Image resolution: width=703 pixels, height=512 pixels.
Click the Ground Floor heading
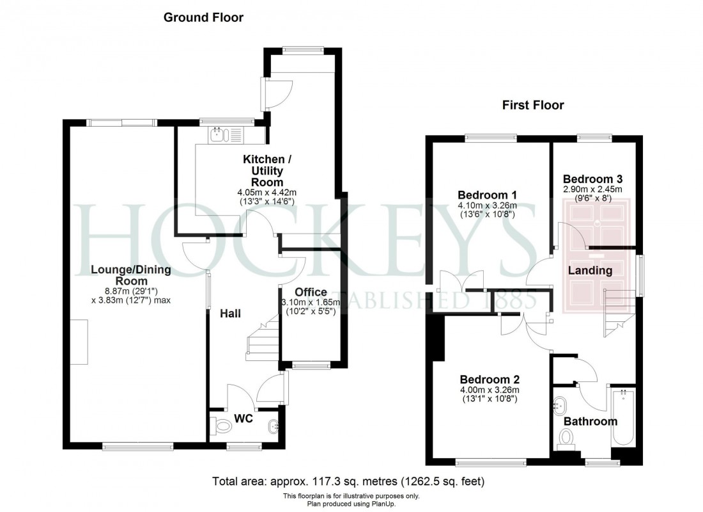pyautogui.click(x=203, y=17)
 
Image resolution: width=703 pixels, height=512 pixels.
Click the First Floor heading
pyautogui.click(x=533, y=105)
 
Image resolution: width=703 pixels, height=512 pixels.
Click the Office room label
pyautogui.click(x=311, y=292)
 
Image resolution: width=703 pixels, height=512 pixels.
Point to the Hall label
pyautogui.click(x=231, y=314)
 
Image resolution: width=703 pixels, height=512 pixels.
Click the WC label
pyautogui.click(x=244, y=419)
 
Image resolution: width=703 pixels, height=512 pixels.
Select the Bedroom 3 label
pyautogui.click(x=592, y=179)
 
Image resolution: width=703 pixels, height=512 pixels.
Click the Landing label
pyautogui.click(x=590, y=271)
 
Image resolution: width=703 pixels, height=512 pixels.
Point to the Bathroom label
pyautogui.click(x=590, y=421)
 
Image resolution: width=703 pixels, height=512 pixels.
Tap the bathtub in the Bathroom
pyautogui.click(x=622, y=419)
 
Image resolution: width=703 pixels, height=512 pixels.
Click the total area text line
pyautogui.click(x=351, y=480)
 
